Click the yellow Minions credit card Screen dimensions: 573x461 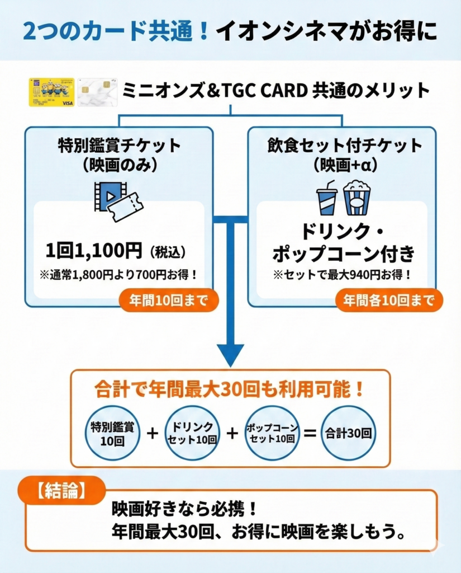[51, 92]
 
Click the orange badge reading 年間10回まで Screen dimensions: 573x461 [168, 300]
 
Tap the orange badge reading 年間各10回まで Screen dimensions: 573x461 [389, 300]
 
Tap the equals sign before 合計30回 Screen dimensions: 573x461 [311, 433]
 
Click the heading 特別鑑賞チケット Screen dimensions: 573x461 [119, 146]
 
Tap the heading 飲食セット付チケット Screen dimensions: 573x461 [344, 146]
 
